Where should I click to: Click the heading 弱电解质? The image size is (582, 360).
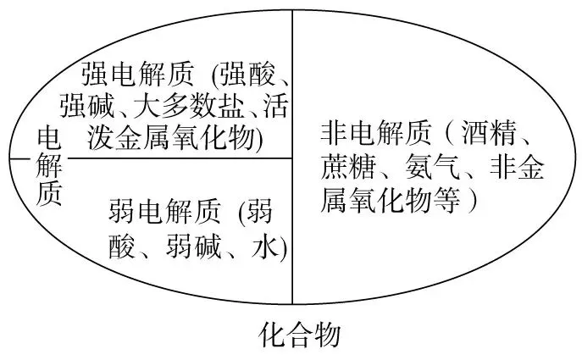tap(164, 211)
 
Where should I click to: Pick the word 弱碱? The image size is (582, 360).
tap(199, 246)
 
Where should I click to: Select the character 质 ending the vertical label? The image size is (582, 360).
tap(49, 193)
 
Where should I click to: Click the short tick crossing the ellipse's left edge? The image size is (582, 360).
tap(17, 158)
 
